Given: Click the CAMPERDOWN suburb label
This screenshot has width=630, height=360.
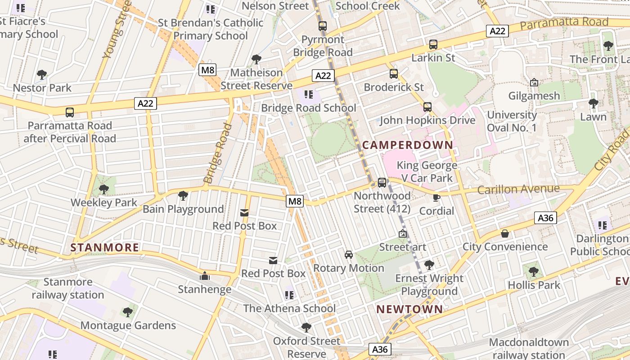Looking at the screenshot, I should click(407, 145).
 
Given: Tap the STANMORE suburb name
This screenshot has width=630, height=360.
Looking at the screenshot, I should click(105, 247).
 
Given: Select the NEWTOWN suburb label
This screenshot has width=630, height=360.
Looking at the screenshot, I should click(409, 309).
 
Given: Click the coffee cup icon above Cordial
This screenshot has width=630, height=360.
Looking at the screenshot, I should click(436, 197).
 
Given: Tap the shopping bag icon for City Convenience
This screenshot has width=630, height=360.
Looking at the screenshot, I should click(505, 234).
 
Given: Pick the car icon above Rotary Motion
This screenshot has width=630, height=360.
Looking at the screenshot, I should click(348, 255).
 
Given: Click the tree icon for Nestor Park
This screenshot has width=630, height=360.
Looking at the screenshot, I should click(42, 74).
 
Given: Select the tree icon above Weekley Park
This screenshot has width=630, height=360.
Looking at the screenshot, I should click(103, 189).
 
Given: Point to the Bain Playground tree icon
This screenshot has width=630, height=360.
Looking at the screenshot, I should click(183, 196).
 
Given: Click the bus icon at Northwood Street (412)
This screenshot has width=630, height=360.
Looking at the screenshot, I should click(382, 182).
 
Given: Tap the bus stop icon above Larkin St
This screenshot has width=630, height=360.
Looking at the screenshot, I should click(433, 45).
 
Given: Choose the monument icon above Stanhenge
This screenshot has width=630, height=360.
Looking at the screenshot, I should click(205, 276).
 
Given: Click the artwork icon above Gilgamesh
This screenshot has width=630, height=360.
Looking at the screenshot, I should click(534, 82).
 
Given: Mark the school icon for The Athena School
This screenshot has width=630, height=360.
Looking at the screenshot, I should click(289, 295).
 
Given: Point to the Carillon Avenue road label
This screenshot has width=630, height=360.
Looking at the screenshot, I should click(518, 189).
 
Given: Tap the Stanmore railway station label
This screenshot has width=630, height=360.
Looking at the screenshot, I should click(68, 288).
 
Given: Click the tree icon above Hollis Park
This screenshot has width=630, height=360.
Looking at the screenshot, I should click(533, 272).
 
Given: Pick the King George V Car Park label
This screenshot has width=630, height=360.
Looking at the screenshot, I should click(427, 171).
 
